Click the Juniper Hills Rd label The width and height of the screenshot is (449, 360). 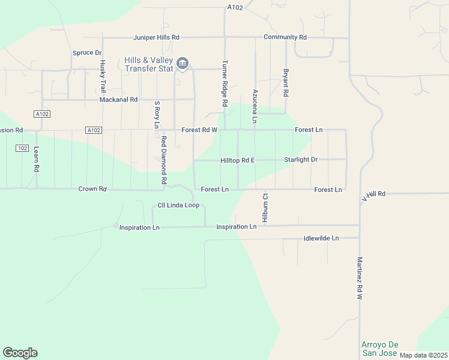coord(156,37)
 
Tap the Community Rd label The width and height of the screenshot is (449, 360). coord(285,37)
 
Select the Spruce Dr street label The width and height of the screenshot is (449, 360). coord(87,53)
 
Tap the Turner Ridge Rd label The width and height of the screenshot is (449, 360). coord(225,83)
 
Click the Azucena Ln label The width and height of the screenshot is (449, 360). coord(255,106)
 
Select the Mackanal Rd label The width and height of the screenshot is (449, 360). coord(119,100)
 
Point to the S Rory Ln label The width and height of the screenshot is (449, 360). coord(157,114)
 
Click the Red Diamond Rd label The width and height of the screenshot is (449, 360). coord(163,160)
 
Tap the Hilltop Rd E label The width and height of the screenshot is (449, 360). coord(238,160)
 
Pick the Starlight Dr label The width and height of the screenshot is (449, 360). coord(301,160)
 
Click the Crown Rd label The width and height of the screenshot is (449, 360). coord(92,189)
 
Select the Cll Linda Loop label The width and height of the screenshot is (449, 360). coord(178,205)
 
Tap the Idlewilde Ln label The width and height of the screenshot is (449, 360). coord(321,238)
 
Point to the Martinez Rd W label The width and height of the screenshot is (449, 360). coord(360,278)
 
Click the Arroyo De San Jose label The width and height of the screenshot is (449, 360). coord(381,349)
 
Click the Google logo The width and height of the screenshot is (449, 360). coord(20,353)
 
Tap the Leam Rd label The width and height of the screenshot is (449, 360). coord(37,160)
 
